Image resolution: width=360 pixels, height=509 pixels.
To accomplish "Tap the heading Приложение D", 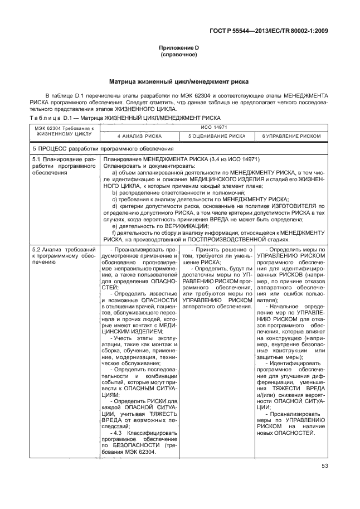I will click(179, 49).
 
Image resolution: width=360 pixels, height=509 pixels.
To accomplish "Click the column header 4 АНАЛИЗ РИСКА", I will click(139, 136).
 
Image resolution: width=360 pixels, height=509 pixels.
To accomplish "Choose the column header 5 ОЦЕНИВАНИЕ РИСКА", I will click(216, 136).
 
